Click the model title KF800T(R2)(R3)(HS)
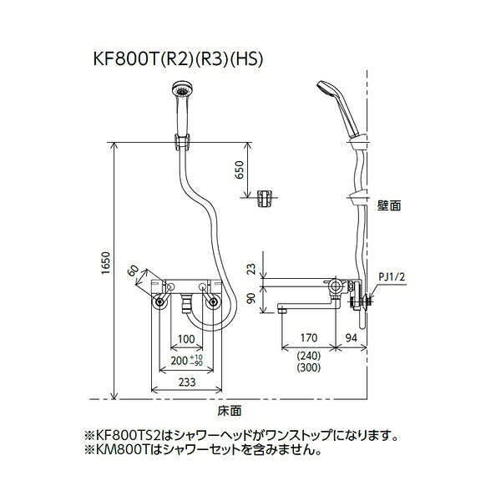point(178,58)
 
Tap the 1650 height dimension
point(106,263)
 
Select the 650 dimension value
point(240,170)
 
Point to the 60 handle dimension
point(134,271)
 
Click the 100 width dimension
point(186,339)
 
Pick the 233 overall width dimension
point(187,382)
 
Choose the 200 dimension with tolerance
point(186,360)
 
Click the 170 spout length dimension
point(309,337)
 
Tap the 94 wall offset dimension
point(352,337)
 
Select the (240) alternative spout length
point(309,356)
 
